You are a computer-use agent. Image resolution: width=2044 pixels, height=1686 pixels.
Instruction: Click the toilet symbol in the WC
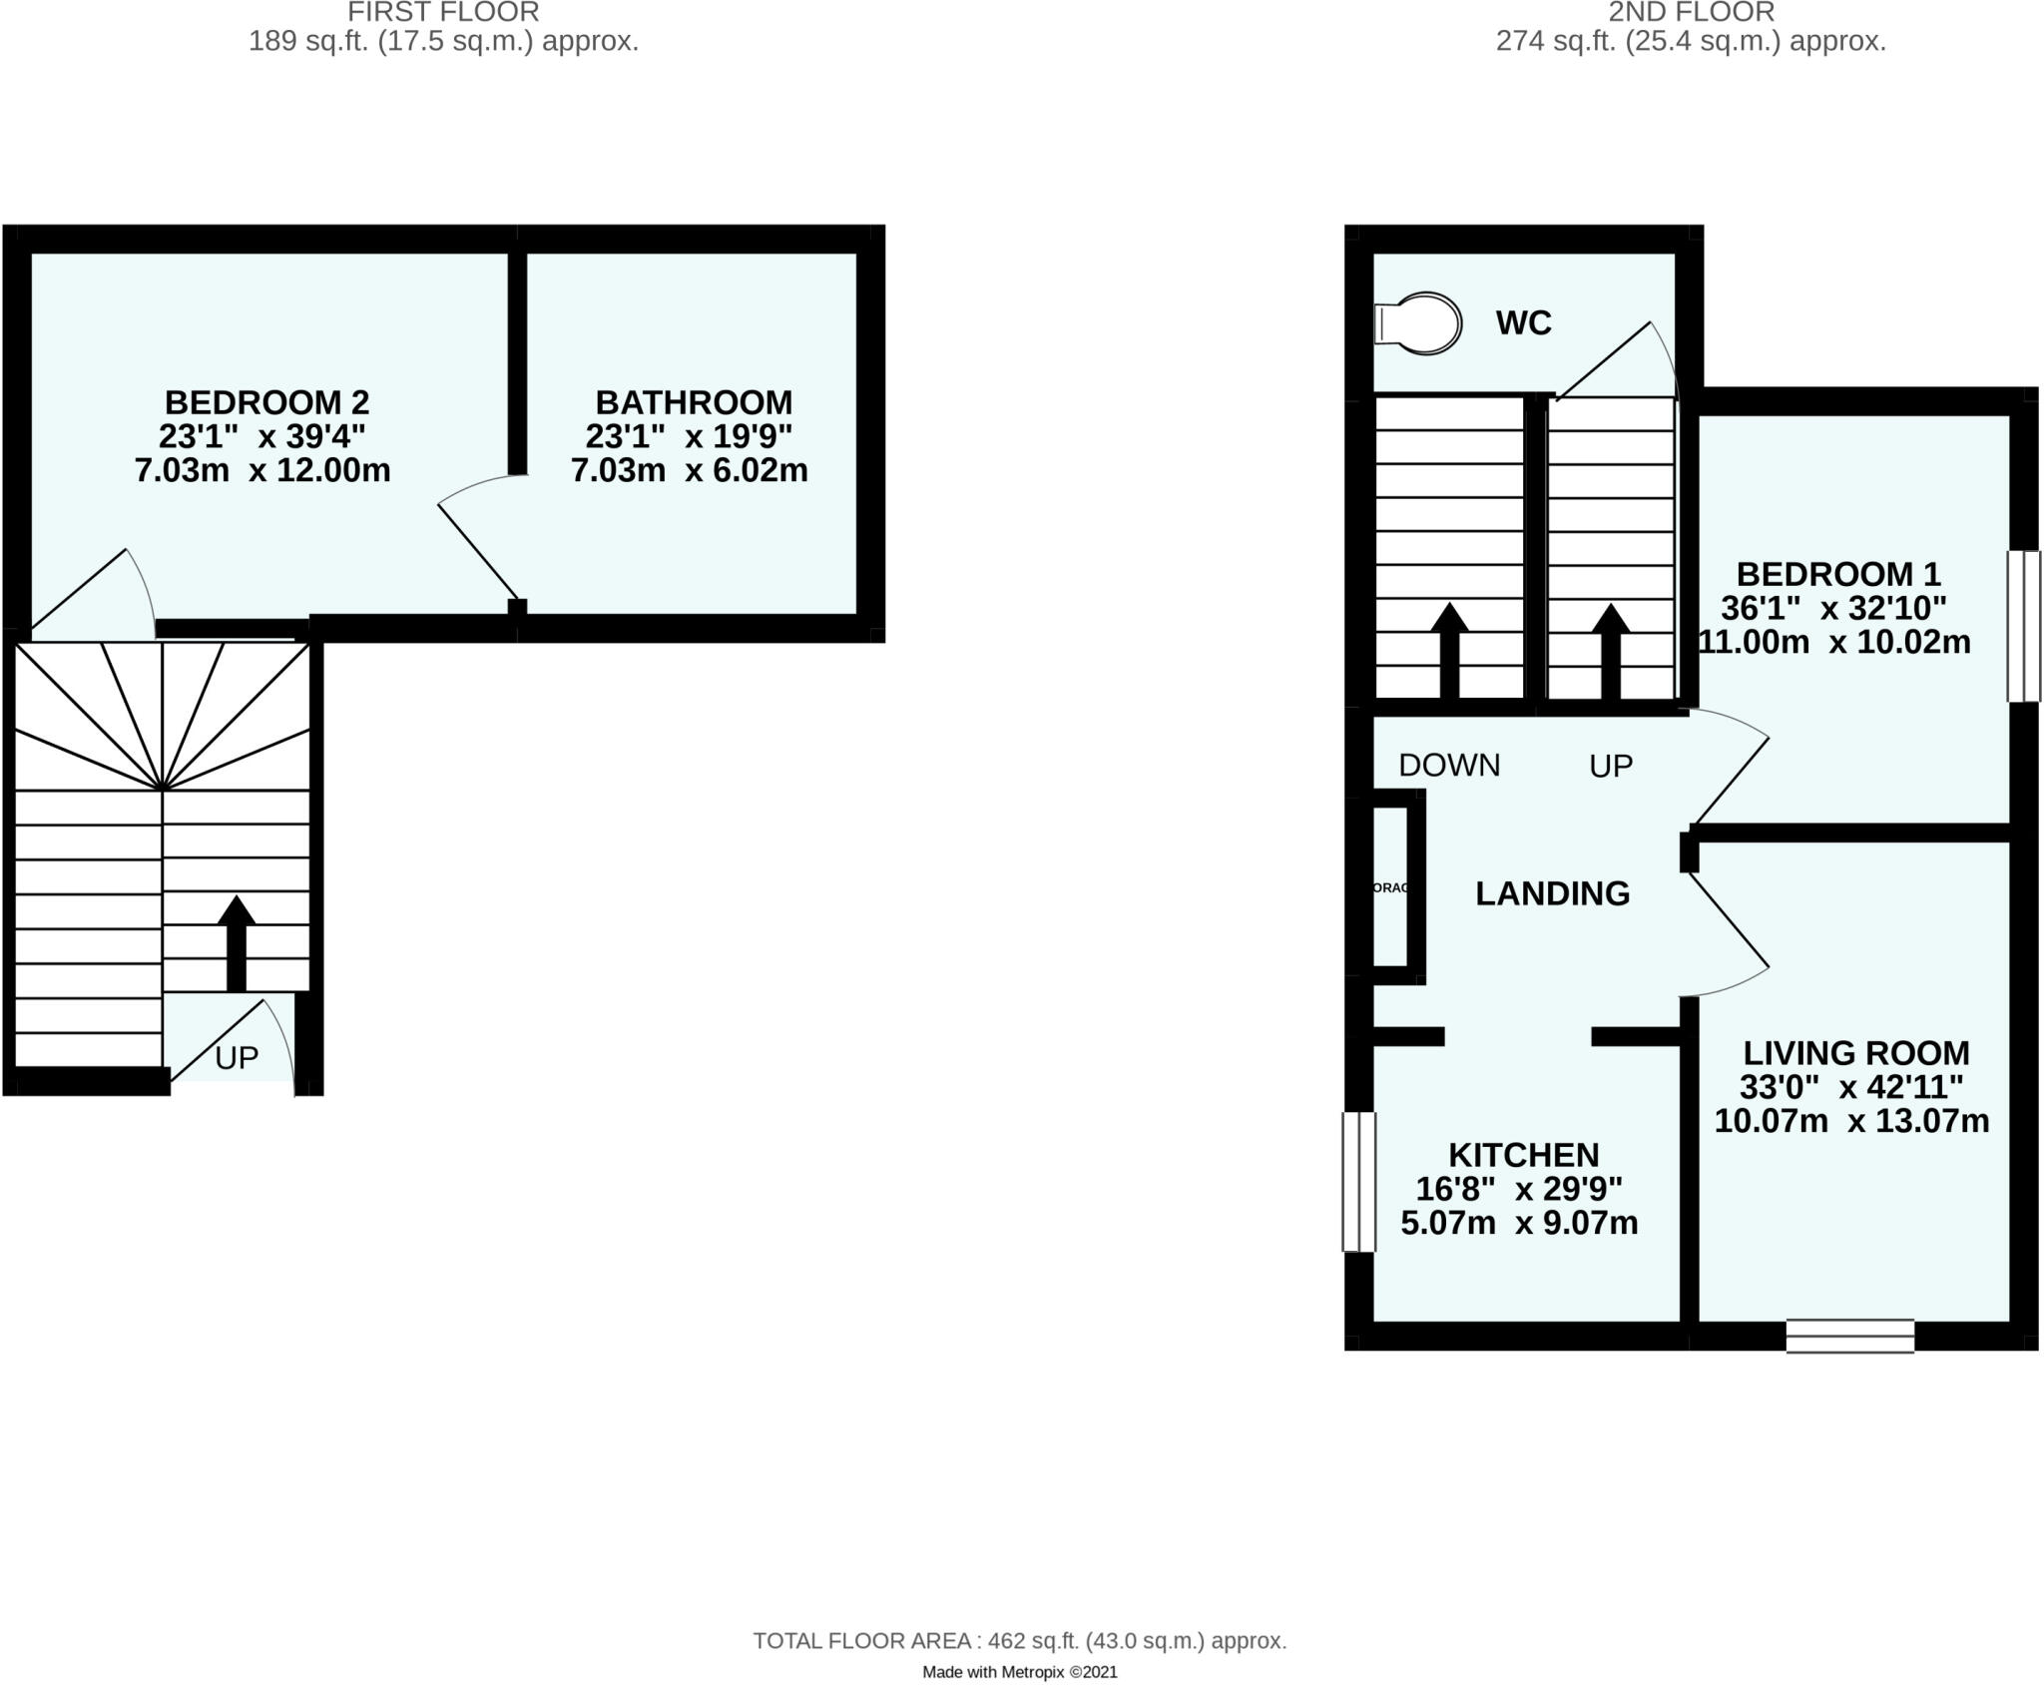pos(1418,322)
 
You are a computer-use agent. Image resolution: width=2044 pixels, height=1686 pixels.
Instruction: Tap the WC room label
pos(1523,323)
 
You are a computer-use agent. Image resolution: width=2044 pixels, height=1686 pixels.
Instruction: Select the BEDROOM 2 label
pos(266,402)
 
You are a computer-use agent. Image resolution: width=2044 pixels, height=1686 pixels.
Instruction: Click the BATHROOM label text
pos(694,402)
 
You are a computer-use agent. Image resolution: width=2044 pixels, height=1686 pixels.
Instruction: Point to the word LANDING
pos(1552,893)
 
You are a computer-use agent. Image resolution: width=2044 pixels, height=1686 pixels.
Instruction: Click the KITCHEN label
pos(1523,1155)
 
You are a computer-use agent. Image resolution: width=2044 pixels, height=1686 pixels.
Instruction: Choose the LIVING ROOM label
pos(1855,1053)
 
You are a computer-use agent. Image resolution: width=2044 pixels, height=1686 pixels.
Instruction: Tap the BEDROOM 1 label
pos(1838,574)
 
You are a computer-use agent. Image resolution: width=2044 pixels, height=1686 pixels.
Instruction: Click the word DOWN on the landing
pos(1449,766)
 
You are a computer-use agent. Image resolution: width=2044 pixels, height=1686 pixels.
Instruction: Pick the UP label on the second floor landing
pos(1611,767)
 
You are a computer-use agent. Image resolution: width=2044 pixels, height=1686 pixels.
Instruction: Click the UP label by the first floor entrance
pos(237,1058)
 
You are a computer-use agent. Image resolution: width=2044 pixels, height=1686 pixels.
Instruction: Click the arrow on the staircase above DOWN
pos(1449,650)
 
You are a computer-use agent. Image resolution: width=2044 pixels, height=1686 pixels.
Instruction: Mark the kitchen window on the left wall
pos(1358,1182)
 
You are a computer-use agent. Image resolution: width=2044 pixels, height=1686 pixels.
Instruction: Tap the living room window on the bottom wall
pos(1849,1336)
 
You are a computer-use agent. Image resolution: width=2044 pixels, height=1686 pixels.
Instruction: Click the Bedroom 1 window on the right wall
pos(2023,626)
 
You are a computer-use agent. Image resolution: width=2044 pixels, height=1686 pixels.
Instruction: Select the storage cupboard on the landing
pos(1390,886)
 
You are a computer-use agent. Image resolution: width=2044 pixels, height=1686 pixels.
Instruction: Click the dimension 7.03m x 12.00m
pos(262,470)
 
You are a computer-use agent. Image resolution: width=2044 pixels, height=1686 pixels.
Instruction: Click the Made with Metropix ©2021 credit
pos(1019,1672)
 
